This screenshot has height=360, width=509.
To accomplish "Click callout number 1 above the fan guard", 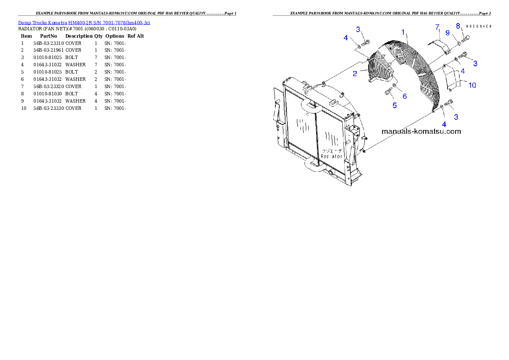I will pyautogui.click(x=403, y=32).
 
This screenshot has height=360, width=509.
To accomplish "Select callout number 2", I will pyautogui.click(x=355, y=74).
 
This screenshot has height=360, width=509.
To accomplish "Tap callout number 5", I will pyautogui.click(x=394, y=105).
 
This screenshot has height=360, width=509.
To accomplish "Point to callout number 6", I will pyautogui.click(x=405, y=97).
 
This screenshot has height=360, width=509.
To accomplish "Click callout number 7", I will pyautogui.click(x=438, y=27).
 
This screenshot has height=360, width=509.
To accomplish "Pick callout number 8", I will pyautogui.click(x=458, y=26).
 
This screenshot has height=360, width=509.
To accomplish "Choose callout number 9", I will pyautogui.click(x=447, y=32).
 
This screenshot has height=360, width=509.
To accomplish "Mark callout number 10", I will pyautogui.click(x=472, y=85).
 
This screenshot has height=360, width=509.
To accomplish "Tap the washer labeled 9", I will pyautogui.click(x=458, y=43).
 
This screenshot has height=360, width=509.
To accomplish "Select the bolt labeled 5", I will pyautogui.click(x=388, y=91).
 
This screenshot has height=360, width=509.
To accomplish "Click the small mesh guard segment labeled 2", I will pyautogui.click(x=380, y=68).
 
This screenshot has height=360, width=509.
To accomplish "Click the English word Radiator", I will pyautogui.click(x=331, y=156).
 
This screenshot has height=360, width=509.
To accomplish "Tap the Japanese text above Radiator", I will pyautogui.click(x=332, y=150).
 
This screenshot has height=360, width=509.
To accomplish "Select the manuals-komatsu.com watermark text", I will pyautogui.click(x=421, y=131).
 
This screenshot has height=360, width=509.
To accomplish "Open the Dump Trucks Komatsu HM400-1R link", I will pyautogui.click(x=84, y=22).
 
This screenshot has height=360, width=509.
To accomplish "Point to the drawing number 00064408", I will pyautogui.click(x=478, y=27).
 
